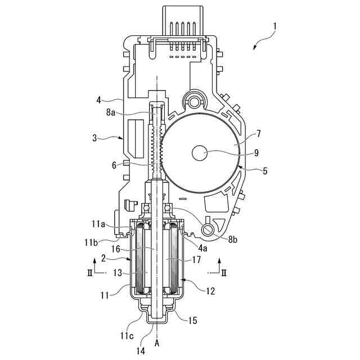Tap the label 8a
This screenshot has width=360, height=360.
[111, 112]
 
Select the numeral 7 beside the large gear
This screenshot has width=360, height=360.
[259, 134]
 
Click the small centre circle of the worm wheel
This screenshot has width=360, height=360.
[200, 153]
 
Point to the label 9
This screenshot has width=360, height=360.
[256, 153]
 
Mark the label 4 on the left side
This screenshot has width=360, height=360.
[99, 100]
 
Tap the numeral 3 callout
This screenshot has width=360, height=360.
[94, 138]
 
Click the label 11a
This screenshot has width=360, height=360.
[98, 224]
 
